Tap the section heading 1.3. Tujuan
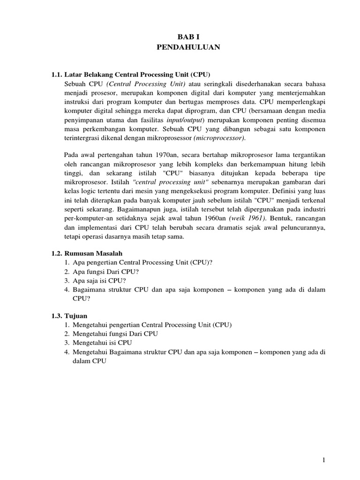click(x=69, y=315)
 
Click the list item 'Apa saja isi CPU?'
click(x=99, y=280)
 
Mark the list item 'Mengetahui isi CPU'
click(x=102, y=343)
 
